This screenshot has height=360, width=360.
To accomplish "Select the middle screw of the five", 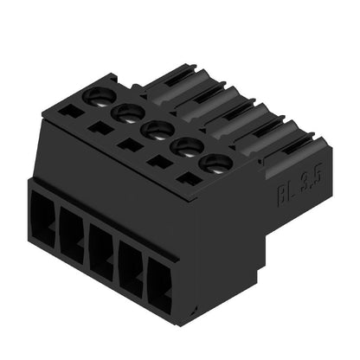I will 157,130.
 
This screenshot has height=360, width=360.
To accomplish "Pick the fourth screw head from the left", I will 184,147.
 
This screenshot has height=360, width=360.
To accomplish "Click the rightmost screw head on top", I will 212,164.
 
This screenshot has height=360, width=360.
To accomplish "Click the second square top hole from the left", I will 101,128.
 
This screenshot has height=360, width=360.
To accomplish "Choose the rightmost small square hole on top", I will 186,179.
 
